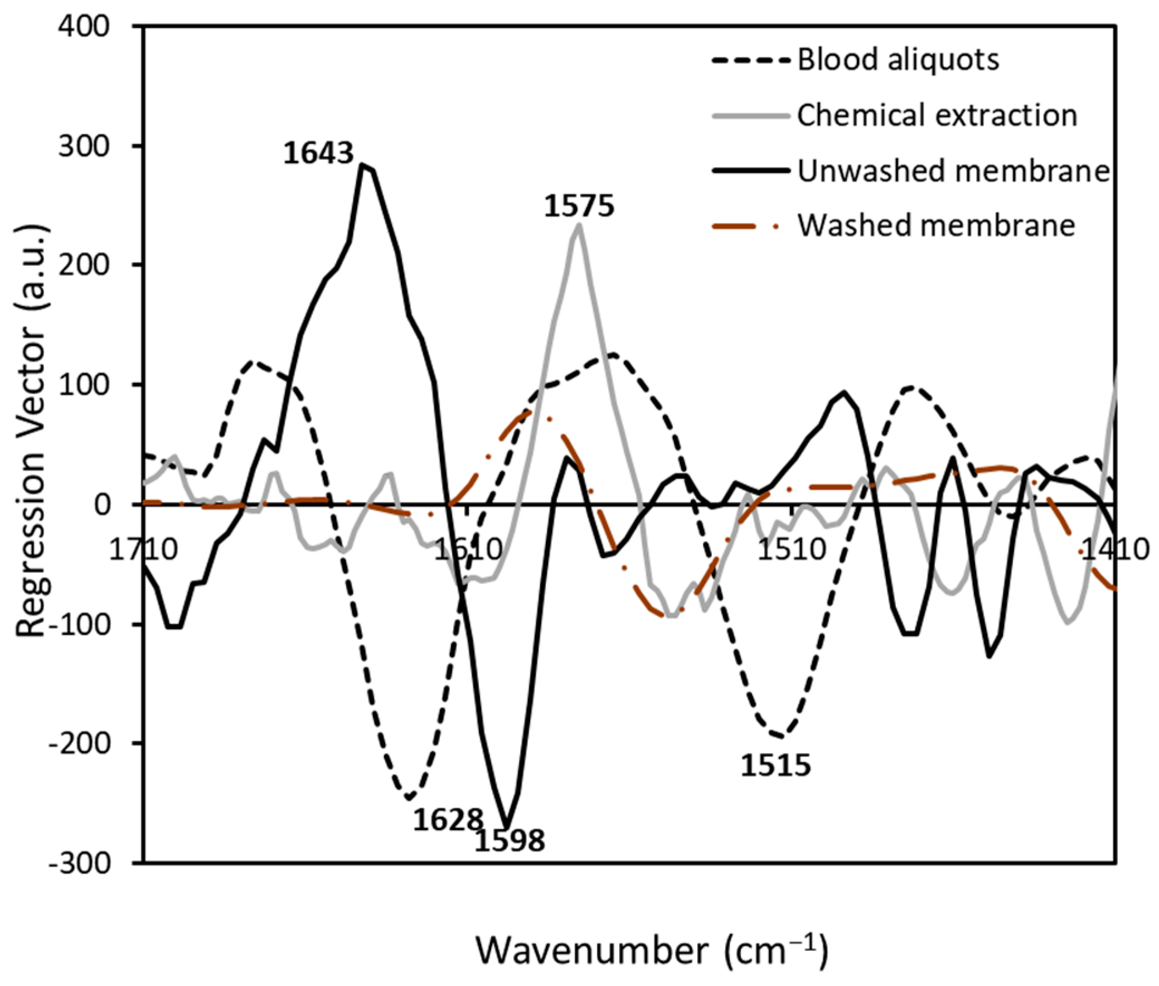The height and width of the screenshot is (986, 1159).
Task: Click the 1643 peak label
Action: tap(318, 153)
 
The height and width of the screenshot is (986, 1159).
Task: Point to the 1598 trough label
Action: tap(509, 840)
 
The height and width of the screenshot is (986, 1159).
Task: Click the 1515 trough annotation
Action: tap(775, 765)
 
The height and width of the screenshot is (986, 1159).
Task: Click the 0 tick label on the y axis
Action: tap(101, 504)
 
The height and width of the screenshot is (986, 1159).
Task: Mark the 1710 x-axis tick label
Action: tap(144, 549)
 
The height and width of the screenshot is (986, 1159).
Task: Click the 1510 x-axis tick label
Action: tap(791, 549)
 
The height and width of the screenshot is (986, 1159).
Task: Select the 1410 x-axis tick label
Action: tap(1114, 549)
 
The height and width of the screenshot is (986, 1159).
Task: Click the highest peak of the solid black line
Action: tap(363, 165)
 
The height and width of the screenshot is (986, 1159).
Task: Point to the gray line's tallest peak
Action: tap(578, 225)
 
